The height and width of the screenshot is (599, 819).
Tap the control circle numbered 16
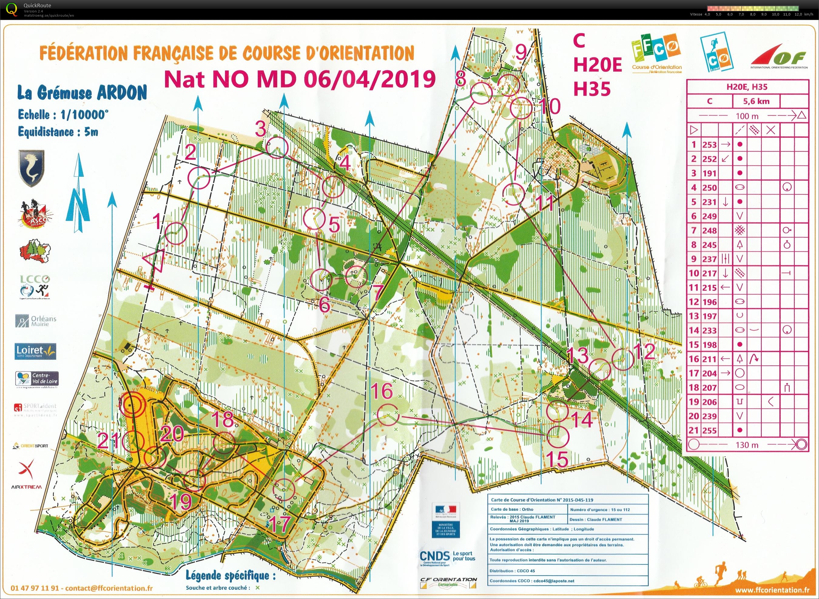[x=388, y=414]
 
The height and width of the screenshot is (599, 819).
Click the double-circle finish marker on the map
[x=132, y=404]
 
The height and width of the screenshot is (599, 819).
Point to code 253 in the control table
[x=709, y=145]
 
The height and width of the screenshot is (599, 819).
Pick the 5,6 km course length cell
[x=756, y=101]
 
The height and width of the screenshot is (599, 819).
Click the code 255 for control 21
[x=709, y=431]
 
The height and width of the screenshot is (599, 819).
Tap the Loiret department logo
[x=35, y=351]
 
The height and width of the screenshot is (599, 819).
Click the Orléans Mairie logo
[x=35, y=321]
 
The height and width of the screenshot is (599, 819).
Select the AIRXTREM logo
[x=27, y=475]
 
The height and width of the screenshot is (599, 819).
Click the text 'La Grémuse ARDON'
[x=82, y=93]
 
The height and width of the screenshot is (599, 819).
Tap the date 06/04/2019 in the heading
[x=369, y=79]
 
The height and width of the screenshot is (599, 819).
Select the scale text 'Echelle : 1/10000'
[x=63, y=115]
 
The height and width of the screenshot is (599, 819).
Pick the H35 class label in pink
[x=592, y=89]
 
